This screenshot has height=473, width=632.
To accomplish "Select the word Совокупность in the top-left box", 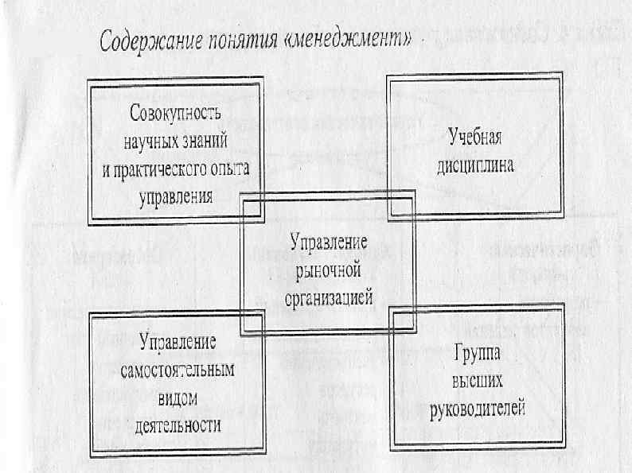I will [175, 112].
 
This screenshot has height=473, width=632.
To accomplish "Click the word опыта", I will [232, 169].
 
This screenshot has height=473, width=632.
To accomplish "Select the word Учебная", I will [474, 136].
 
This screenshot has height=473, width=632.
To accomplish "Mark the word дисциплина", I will [475, 165].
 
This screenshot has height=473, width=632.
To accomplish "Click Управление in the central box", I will [328, 241].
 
